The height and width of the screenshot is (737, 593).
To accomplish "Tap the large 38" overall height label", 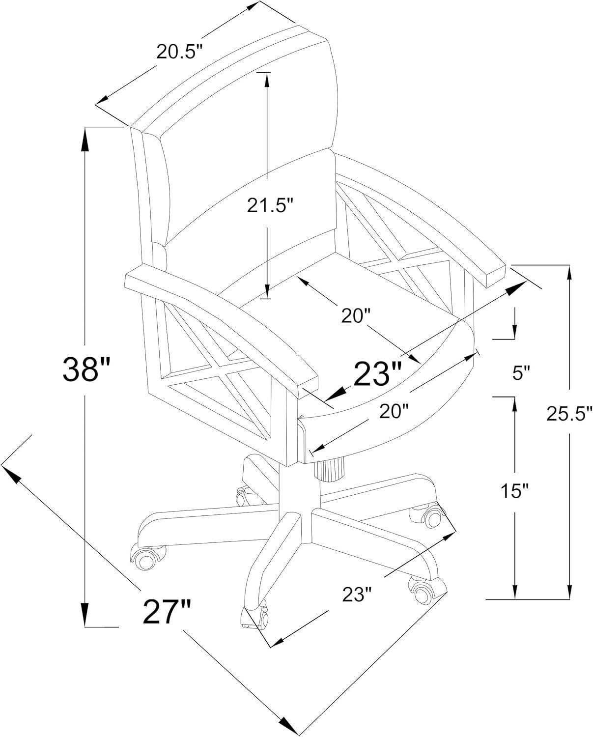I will (x=85, y=369).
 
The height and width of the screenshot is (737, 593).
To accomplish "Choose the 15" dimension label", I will (x=514, y=490).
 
